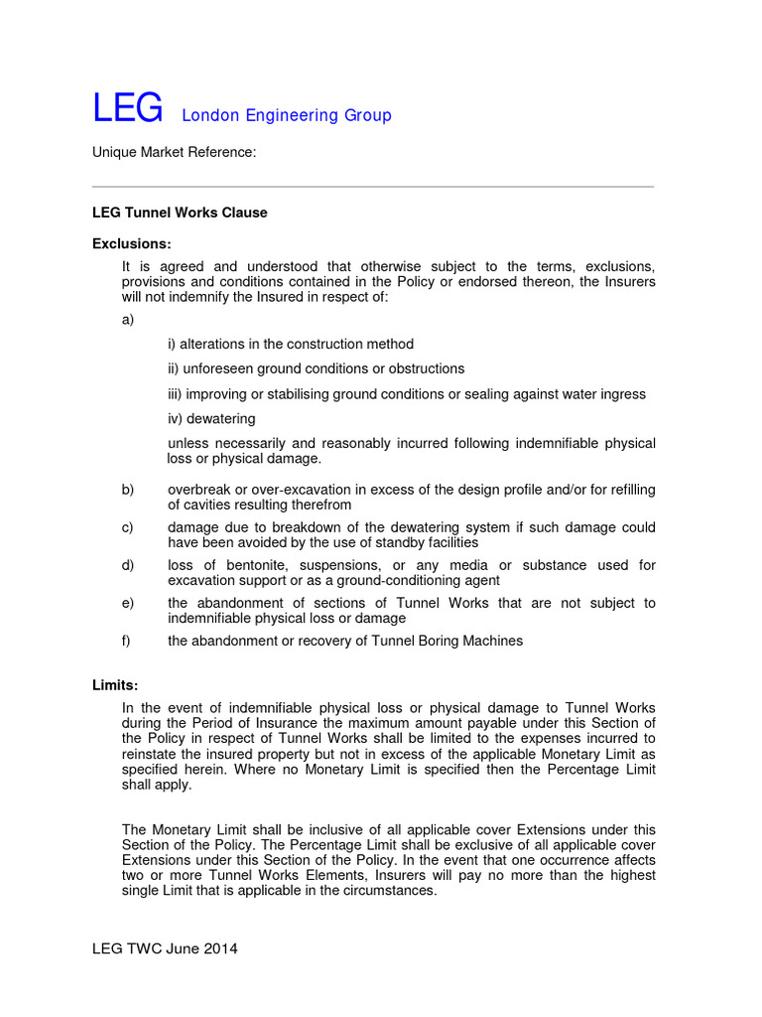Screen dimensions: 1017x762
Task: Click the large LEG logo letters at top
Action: (127, 109)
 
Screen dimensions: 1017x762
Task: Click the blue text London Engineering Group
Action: (286, 115)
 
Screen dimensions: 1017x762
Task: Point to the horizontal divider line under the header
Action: (373, 186)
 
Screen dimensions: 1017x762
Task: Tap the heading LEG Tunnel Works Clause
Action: (180, 213)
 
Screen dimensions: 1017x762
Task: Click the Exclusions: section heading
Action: (132, 243)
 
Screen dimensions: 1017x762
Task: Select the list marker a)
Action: (128, 320)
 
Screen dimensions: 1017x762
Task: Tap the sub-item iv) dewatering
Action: (211, 418)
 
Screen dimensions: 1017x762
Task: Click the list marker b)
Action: (128, 490)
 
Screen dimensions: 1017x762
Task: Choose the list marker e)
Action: (128, 603)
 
